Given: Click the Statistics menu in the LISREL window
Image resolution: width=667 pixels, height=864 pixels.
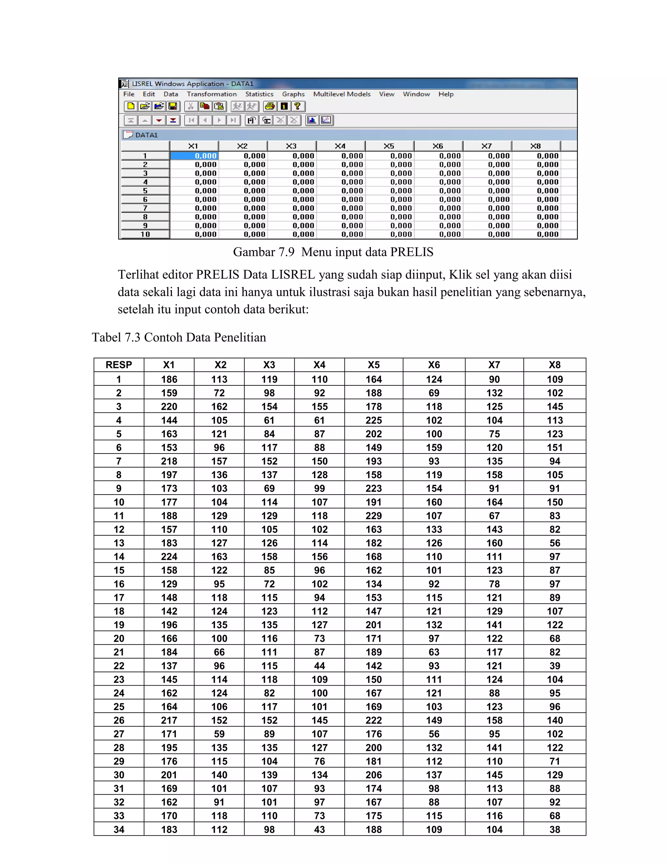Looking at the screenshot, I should coord(259,94).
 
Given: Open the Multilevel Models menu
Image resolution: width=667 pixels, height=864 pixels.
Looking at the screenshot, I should coord(342,94).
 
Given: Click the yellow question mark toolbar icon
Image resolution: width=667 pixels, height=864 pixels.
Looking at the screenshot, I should coord(298,106).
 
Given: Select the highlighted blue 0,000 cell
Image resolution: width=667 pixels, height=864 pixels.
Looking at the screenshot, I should coord(194,156).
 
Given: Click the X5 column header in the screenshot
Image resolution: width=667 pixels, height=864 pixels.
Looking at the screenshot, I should coord(389,146).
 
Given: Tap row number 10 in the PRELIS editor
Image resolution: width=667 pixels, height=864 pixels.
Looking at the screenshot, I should coord(145,234).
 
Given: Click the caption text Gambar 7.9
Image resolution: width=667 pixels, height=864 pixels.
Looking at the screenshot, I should coord(263,252).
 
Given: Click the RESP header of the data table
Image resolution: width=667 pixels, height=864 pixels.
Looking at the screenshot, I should coord(119,365).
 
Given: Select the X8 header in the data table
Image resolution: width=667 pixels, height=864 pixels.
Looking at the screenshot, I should coord(554,365).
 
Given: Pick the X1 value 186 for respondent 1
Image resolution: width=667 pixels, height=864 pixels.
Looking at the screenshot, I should coord(169,380).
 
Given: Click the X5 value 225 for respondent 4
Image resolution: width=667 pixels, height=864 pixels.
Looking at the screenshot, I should coord(374,420).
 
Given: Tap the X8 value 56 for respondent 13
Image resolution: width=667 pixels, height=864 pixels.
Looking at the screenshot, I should coord(554,543).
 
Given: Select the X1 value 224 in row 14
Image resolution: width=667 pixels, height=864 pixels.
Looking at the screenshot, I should coord(169,557).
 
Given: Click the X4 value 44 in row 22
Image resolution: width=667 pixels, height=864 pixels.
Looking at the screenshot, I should coord(319,666).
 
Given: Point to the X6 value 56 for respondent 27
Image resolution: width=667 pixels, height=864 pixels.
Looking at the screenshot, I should coord(434,734).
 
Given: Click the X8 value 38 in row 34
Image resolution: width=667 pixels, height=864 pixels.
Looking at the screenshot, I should coord(554,829).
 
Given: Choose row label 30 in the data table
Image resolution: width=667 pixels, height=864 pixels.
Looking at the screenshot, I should coord(119,775).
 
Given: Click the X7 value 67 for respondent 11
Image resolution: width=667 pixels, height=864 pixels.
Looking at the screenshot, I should coord(494,516).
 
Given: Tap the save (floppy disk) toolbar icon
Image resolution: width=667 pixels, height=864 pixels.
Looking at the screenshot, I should coord(173,106).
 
